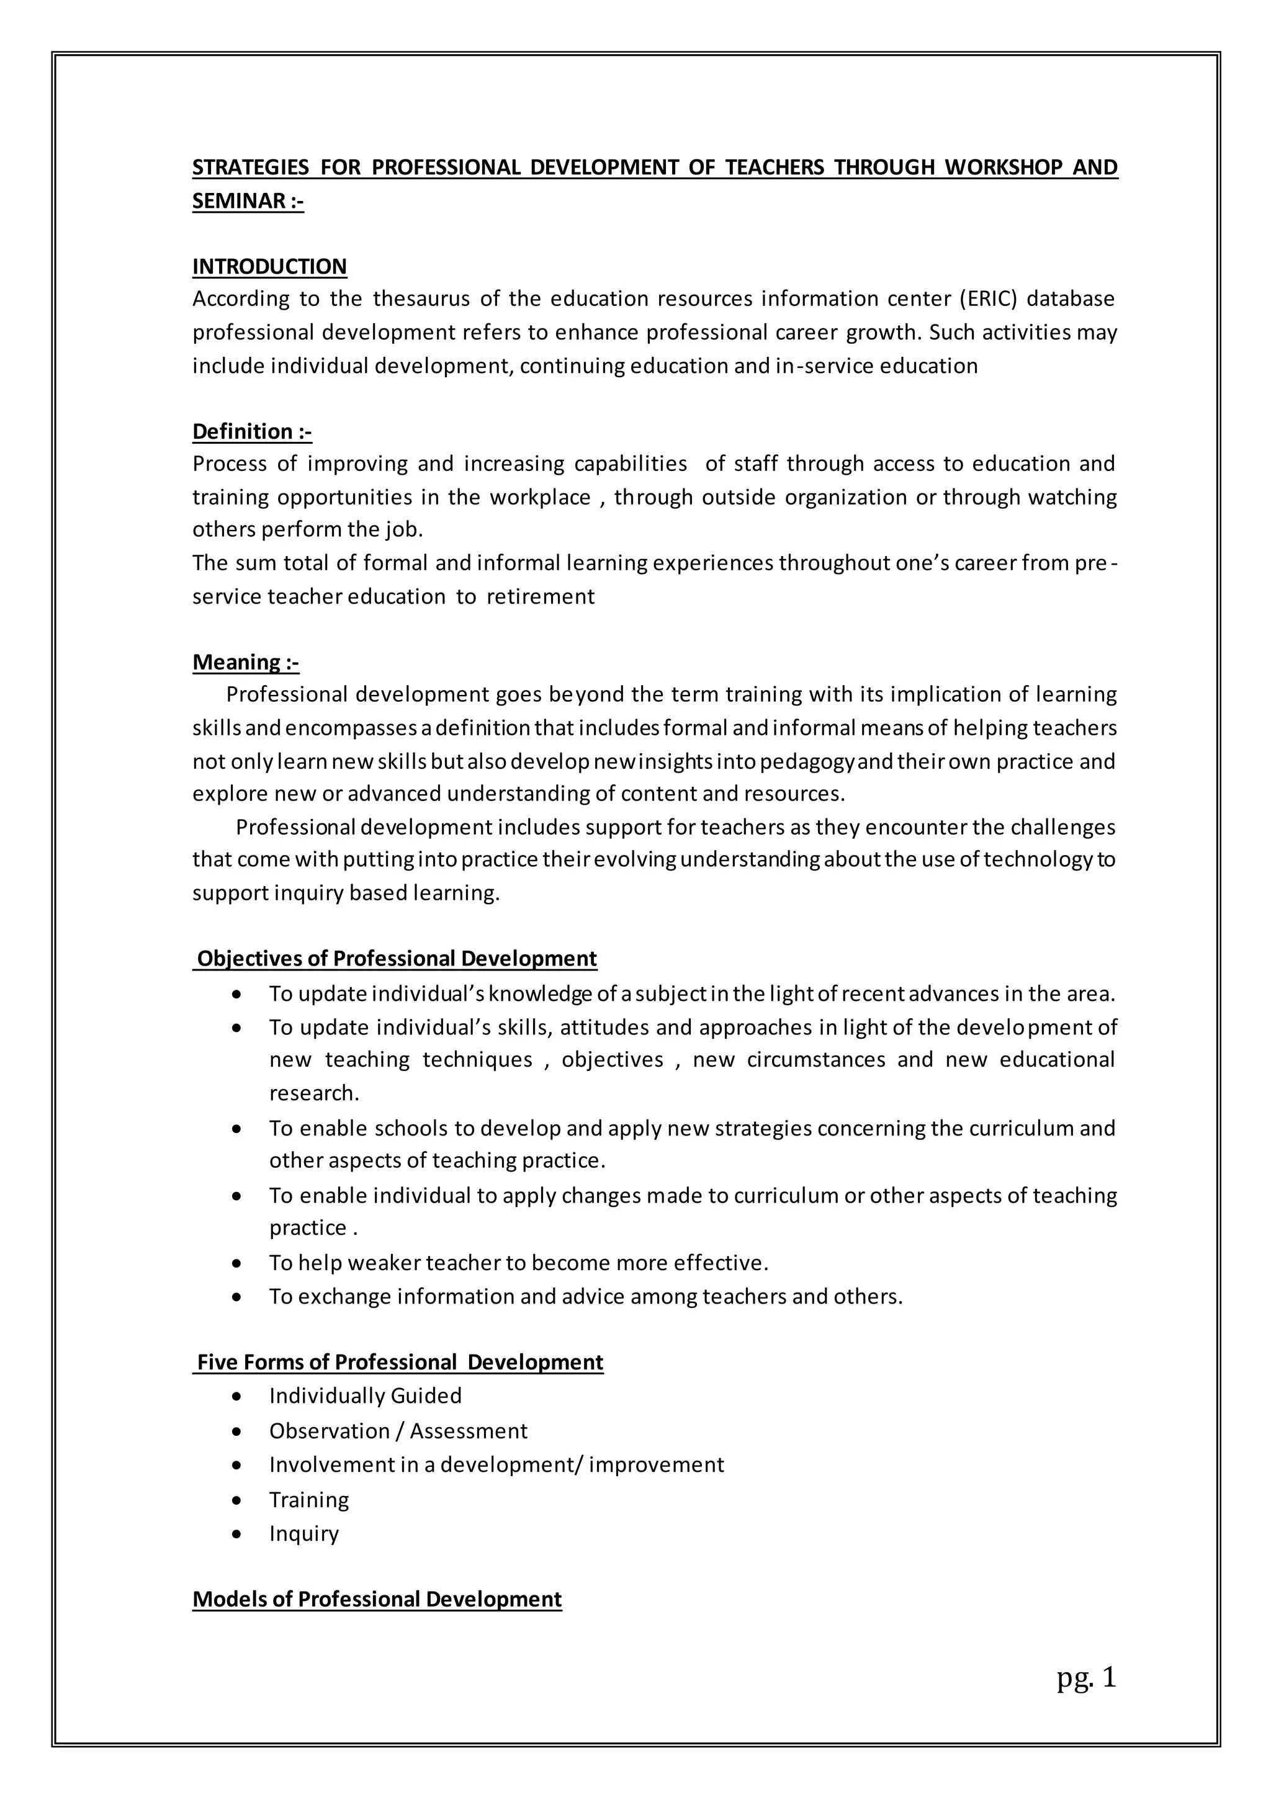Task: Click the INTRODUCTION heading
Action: (x=269, y=266)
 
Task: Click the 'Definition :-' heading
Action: (x=252, y=431)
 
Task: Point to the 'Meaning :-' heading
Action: (x=246, y=662)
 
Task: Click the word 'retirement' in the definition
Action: (x=540, y=596)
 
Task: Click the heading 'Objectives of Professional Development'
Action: (x=396, y=959)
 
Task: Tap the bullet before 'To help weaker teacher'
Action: (x=237, y=1263)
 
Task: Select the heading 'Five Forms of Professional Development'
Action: (x=399, y=1362)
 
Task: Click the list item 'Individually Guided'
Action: (x=365, y=1396)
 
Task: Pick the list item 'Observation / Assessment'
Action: (x=398, y=1431)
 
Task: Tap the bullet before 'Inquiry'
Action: (x=237, y=1534)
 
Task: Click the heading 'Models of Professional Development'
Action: (x=377, y=1599)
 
